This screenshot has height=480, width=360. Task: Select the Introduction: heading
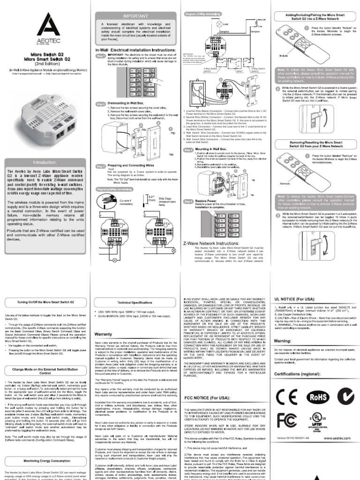pos(44,162)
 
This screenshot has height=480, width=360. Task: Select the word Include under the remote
pos(283,55)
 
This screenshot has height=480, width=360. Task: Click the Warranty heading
pos(103,334)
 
